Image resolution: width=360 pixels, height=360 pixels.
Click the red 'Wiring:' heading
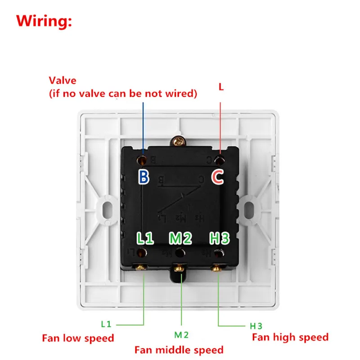44,21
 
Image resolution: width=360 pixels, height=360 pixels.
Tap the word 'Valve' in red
63,81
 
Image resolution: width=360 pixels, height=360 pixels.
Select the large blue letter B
144,177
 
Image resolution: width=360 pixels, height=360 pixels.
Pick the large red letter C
218,177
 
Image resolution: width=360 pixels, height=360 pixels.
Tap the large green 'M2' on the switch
181,238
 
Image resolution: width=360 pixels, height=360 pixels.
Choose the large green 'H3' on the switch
219,238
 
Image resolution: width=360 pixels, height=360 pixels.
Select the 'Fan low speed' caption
78,338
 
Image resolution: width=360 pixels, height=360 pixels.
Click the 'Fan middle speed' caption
179,350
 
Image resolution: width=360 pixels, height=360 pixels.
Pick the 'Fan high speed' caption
290,337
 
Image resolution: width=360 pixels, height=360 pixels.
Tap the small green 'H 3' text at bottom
256,326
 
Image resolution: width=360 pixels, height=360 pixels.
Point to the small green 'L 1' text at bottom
106,324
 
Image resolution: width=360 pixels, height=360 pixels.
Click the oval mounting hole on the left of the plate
107,209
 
